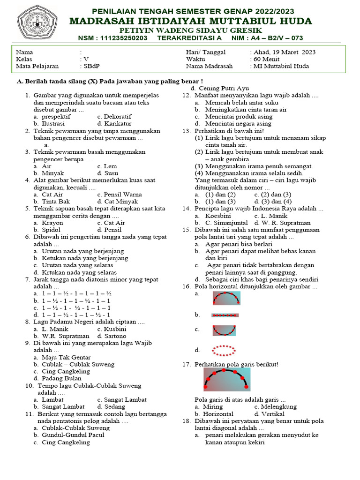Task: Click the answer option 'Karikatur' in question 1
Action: (x=119, y=123)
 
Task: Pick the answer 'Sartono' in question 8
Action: (x=115, y=336)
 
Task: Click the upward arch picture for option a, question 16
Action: (x=226, y=298)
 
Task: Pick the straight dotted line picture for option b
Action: (x=225, y=315)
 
